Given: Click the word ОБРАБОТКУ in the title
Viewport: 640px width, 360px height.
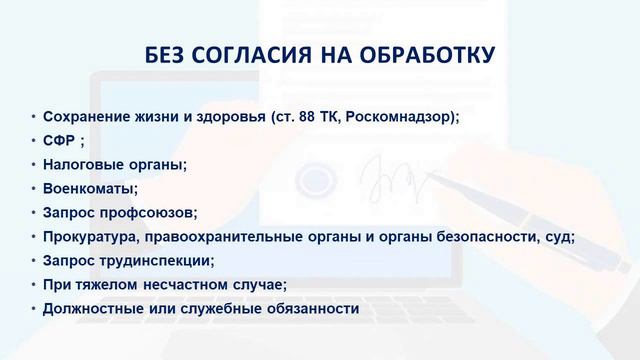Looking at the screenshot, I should click(x=428, y=53).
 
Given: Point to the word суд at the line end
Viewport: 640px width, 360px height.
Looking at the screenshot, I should click(x=561, y=236).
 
